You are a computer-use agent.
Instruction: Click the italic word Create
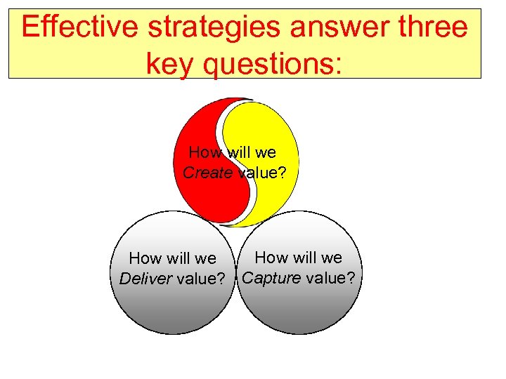[x=208, y=173]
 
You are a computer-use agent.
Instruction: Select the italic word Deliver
[x=146, y=279]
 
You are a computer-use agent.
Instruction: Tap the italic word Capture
[x=271, y=277]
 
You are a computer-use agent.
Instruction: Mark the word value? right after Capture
[x=330, y=277]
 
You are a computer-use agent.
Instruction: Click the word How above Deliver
[x=145, y=259]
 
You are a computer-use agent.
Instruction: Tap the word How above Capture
[x=271, y=258]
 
